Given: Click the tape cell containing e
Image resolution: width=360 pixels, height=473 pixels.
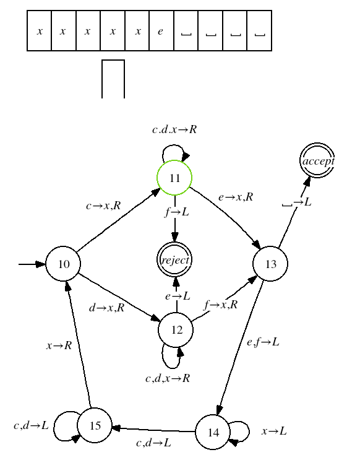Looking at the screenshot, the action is (x=161, y=31).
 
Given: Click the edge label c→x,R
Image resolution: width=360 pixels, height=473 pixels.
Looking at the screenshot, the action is (x=103, y=206).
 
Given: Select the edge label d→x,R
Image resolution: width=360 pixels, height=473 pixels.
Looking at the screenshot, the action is (x=107, y=308).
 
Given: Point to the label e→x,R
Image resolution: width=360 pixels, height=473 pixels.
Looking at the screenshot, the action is (x=236, y=197).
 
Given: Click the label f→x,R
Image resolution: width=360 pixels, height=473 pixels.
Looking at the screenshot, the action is (x=221, y=305).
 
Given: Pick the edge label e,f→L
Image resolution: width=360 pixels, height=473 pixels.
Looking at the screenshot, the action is (x=263, y=342).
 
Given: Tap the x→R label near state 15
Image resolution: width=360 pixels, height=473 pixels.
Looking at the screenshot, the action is (x=59, y=345).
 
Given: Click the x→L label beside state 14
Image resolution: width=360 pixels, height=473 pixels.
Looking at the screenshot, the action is (x=274, y=431).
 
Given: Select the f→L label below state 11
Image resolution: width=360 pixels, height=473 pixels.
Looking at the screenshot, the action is (x=177, y=212).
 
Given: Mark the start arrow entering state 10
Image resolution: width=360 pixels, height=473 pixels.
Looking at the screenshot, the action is (x=32, y=264).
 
